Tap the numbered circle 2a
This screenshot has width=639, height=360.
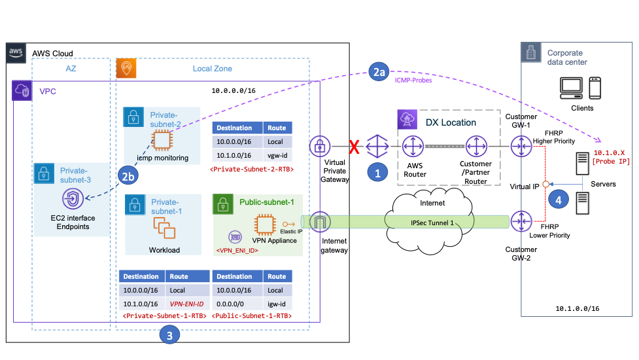point(379,73)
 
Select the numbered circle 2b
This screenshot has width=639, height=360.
point(128,176)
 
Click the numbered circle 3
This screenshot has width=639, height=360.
point(170,336)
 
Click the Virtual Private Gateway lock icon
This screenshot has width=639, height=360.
point(319,145)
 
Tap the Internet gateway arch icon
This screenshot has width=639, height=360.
point(319,221)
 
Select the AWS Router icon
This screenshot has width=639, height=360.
point(413,145)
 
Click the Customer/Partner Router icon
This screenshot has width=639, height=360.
point(475,145)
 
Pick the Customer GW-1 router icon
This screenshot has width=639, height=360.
point(522,145)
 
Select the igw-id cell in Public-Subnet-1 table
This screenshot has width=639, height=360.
point(277,304)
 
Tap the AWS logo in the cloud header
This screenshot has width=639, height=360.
point(16,53)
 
